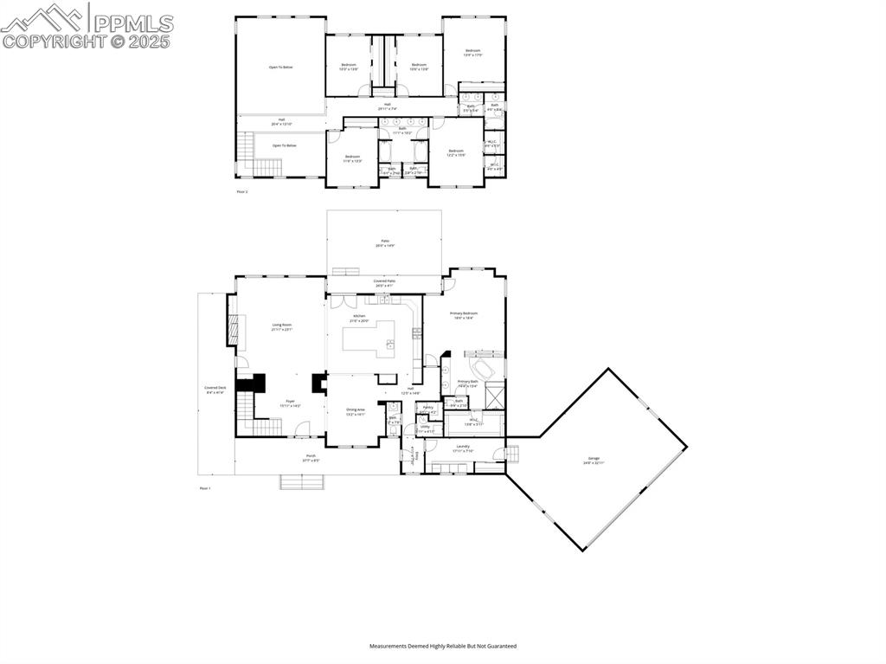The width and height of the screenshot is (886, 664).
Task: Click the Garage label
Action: pos(594,460)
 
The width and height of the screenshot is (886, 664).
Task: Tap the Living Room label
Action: pos(282,326)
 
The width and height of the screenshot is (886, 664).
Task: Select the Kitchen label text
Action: pos(359,318)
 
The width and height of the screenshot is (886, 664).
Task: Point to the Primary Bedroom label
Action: pos(463,314)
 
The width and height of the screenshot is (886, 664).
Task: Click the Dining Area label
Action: pos(356,411)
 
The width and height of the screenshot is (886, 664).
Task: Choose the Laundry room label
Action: pos(463,448)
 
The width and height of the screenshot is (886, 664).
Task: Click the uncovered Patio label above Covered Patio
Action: pos(385,243)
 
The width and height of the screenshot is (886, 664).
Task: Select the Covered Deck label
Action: pos(215,390)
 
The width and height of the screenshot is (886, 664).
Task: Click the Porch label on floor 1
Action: pos(310,457)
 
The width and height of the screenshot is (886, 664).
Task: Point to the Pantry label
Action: pos(427,408)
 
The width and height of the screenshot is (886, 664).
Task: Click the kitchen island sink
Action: pos(389,344)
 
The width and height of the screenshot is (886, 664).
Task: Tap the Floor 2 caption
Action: pos(242,190)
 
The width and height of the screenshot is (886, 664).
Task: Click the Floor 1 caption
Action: pos(205,488)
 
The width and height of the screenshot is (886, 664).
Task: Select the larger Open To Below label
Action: pos(280,67)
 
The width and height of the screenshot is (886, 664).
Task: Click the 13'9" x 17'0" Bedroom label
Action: pos(472,53)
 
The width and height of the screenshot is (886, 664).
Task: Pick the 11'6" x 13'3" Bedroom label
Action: pos(352,158)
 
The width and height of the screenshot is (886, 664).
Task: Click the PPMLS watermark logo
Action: pos(87,26)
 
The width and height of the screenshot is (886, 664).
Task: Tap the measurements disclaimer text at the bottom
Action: pos(443,646)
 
